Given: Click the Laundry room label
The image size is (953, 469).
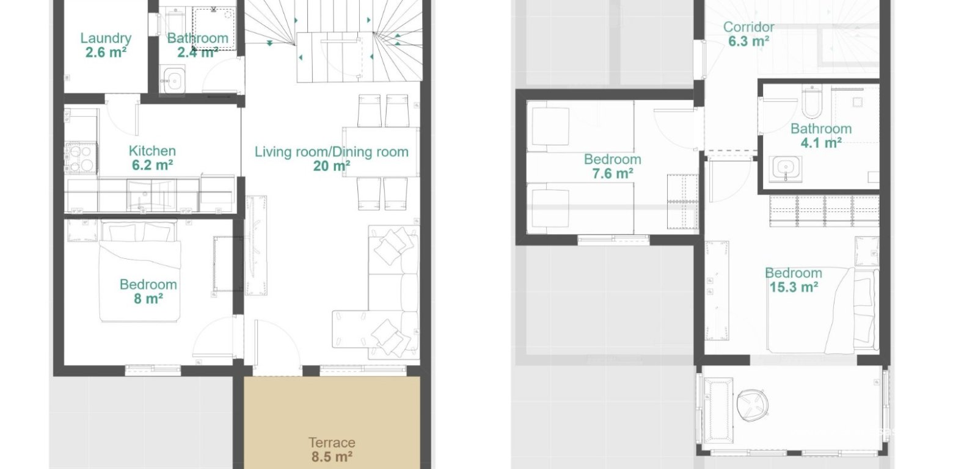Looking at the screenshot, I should click(106, 38).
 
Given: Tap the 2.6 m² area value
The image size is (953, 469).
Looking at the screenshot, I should click(106, 53).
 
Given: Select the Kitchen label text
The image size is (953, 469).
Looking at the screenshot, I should click(152, 151).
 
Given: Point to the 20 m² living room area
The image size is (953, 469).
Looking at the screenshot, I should click(331, 165).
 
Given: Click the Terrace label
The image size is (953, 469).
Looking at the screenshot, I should click(332, 443).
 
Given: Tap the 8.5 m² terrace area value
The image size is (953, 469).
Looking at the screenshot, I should click(332, 456).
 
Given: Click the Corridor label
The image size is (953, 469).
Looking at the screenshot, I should click(748, 27).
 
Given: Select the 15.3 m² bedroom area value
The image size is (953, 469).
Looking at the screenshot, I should click(793, 287).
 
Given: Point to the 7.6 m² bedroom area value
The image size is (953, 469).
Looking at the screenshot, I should click(612, 173).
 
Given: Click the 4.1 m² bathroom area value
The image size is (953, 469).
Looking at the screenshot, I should click(821, 143).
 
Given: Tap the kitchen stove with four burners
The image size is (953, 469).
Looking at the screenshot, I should click(80, 158).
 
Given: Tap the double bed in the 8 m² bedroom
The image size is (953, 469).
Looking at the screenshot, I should click(141, 272).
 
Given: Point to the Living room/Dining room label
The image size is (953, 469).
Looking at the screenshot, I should click(331, 151).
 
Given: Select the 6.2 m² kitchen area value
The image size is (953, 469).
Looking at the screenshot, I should click(152, 165).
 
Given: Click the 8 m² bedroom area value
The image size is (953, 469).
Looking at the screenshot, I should click(148, 299).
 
